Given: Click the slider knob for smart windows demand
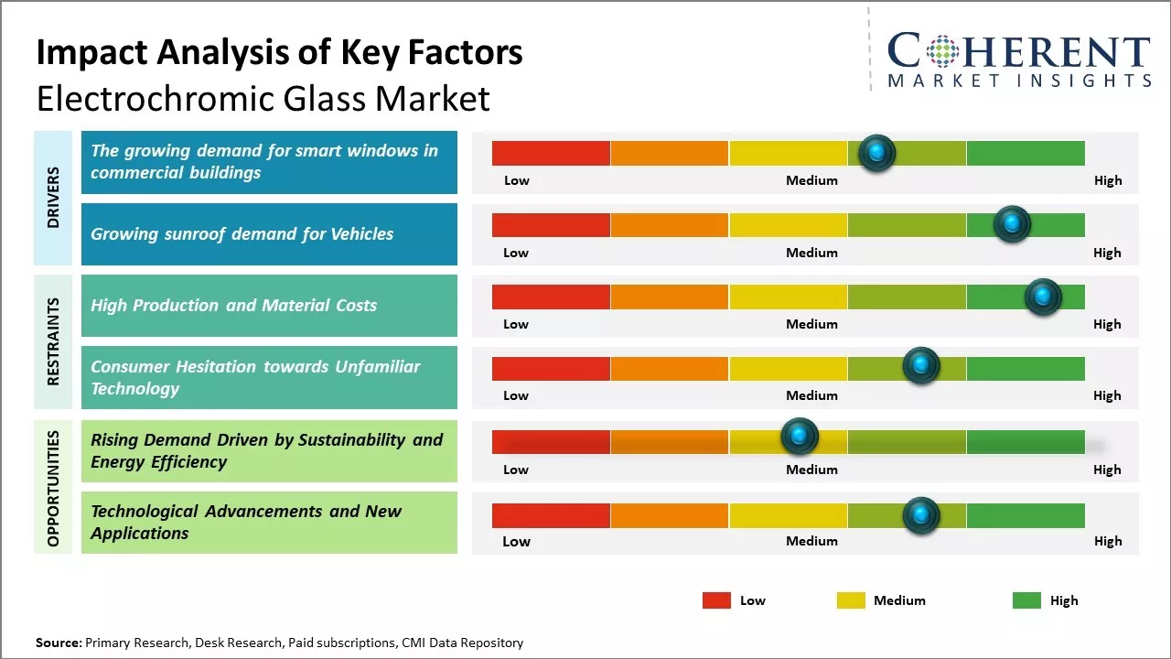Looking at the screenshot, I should pos(877,153).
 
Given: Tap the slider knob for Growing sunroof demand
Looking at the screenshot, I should pos(1012,224).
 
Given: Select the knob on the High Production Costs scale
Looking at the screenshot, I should pos(1042,297).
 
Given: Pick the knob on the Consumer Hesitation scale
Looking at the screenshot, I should pos(921,366).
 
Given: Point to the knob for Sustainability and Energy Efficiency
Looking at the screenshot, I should pos(800,436).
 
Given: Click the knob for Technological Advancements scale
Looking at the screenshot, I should pos(921,515).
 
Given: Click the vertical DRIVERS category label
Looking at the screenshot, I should pos(53,198).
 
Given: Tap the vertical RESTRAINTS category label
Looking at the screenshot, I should pos(53,341).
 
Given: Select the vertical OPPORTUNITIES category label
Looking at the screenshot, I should pos(53,488).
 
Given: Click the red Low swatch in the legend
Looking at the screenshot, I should pos(716,600).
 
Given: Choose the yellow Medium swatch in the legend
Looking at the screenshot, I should pos(851,600).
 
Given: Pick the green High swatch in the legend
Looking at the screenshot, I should pos(1026,600).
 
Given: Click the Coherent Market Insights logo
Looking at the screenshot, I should pos(1018,60).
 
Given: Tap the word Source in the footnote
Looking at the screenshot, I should pos(59,643).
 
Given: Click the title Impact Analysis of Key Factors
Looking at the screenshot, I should pos(279,52).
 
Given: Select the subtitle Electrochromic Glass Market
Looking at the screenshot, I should pos(263,99).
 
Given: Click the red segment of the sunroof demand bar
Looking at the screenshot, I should pos(551,225).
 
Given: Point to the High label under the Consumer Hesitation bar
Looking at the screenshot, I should pos(1107,395).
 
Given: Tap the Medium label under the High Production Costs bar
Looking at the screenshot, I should pos(811,324).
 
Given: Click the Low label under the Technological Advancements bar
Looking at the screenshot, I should pos(516,541).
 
